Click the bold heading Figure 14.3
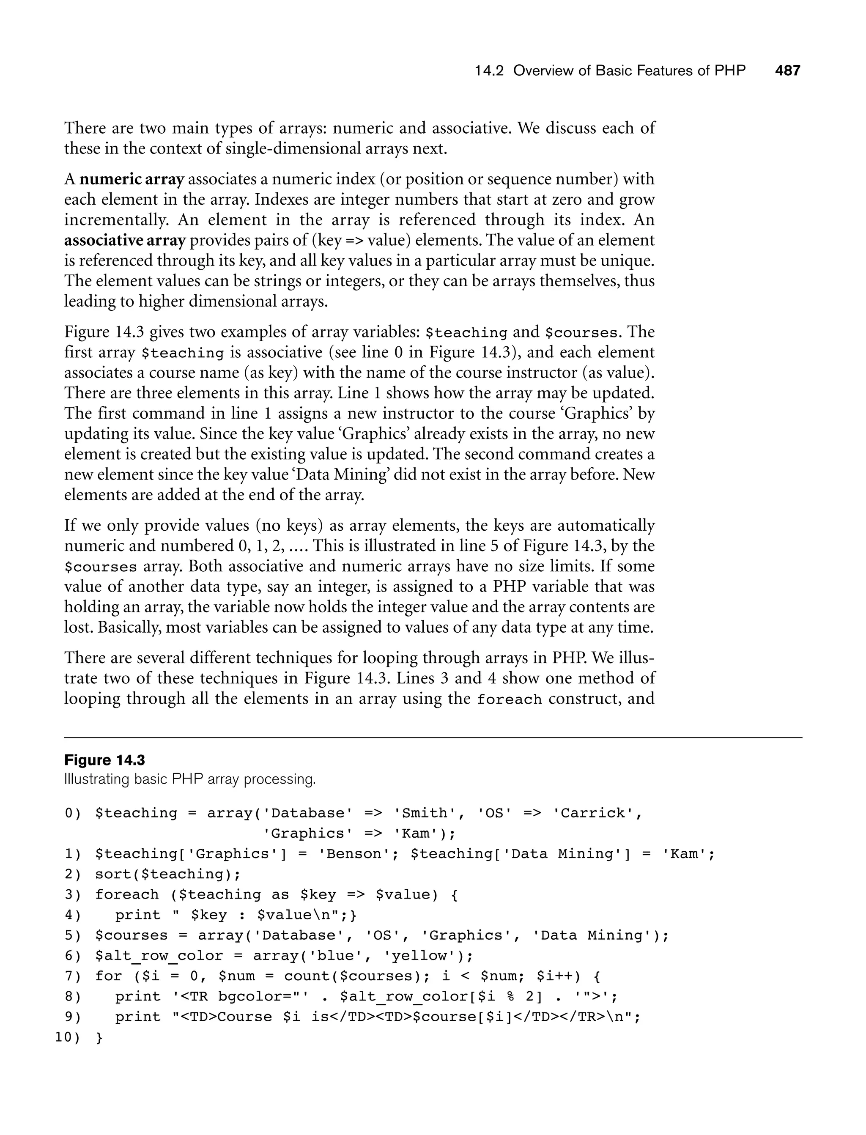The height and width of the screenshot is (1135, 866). [x=104, y=760]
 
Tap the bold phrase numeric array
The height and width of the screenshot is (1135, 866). [x=132, y=179]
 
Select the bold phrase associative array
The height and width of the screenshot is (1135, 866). [x=125, y=240]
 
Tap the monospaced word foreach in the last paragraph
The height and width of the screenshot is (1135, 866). [x=509, y=699]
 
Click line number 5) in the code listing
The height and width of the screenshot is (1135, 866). [x=73, y=935]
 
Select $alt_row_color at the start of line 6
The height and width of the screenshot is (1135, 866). [x=159, y=956]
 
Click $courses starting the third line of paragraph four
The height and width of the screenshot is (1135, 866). [x=101, y=567]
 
